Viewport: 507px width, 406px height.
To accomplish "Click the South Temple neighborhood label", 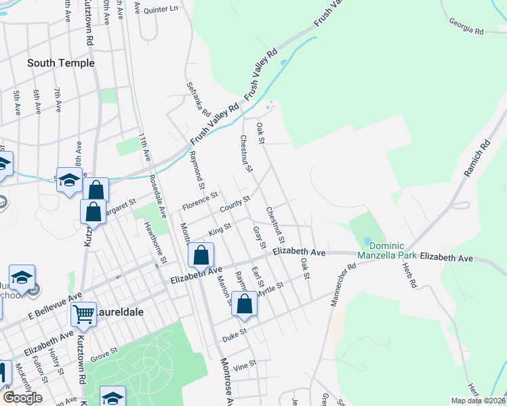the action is (61, 63).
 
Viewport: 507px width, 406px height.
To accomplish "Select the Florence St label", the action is (199, 200).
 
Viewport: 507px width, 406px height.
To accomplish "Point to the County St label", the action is (235, 202).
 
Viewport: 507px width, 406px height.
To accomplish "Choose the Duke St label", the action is (239, 332).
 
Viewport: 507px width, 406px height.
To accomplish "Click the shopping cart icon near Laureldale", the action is (83, 313).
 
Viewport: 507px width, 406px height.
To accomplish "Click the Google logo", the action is (22, 397).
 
